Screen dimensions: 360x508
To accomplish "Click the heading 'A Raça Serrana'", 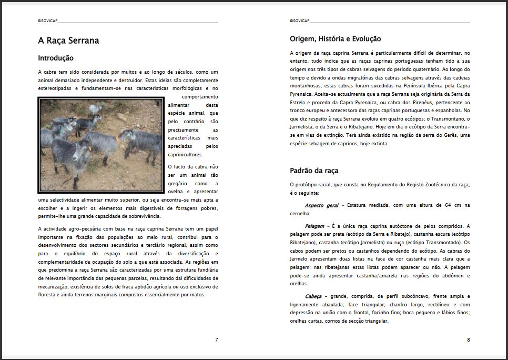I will tap(68, 41).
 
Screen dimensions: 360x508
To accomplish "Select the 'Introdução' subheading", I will tap(56, 58).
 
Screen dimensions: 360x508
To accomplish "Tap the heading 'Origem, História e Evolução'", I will tap(335, 39).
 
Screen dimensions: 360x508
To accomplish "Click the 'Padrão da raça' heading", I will tap(314, 171).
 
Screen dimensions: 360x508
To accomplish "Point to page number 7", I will tap(216, 340).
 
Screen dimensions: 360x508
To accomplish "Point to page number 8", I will tap(468, 340).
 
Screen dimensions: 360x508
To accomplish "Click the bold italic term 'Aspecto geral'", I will tap(321, 205).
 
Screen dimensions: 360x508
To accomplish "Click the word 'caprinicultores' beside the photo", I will tap(192, 155).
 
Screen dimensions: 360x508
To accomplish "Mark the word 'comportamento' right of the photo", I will tap(200, 97).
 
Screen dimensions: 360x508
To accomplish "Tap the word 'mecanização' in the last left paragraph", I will tap(53, 286).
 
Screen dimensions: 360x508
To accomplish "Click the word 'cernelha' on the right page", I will tap(300, 213).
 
